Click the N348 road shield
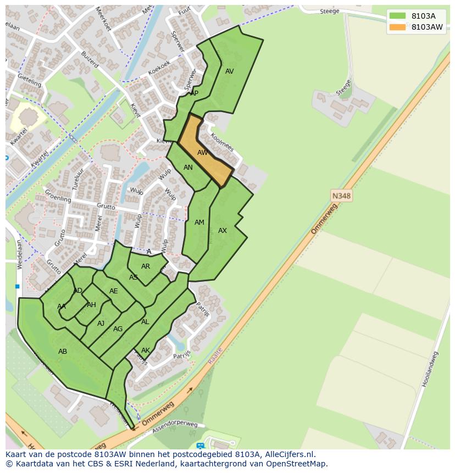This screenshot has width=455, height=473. click(341, 196)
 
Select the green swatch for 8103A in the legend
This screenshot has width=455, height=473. click(397, 16)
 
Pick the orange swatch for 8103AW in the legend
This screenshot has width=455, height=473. click(397, 27)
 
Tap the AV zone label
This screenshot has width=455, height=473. click(230, 71)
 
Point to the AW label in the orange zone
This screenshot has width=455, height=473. click(203, 153)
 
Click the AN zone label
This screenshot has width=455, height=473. click(188, 168)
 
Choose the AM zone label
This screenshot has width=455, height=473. click(199, 222)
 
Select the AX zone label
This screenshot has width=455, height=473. click(223, 231)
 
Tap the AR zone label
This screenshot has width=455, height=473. click(146, 266)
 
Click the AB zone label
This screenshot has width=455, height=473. click(63, 351)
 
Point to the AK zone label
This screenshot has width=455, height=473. click(146, 350)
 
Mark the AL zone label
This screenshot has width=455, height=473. click(145, 322)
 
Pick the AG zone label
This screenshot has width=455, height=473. click(118, 329)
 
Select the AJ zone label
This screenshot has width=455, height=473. click(101, 324)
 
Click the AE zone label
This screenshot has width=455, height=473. click(114, 291)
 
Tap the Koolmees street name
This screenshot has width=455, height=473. click(222, 142)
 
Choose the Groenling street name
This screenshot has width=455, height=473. click(58, 196)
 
